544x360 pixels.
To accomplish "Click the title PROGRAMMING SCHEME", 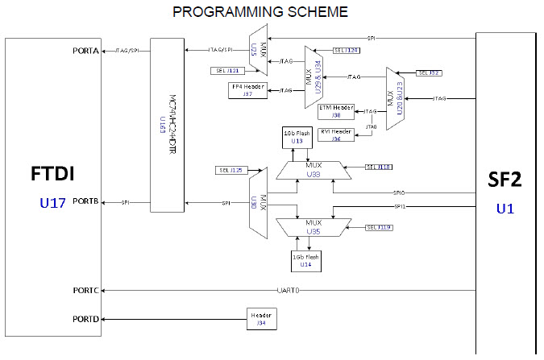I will (260, 12).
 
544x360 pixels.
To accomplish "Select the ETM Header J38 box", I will (336, 110).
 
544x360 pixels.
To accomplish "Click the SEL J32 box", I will (430, 72).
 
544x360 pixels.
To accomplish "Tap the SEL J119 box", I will (379, 228).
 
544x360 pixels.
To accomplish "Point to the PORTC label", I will (85, 289).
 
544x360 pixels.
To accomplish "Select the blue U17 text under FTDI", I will (53, 204).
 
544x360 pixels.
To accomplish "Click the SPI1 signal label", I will (400, 207).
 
